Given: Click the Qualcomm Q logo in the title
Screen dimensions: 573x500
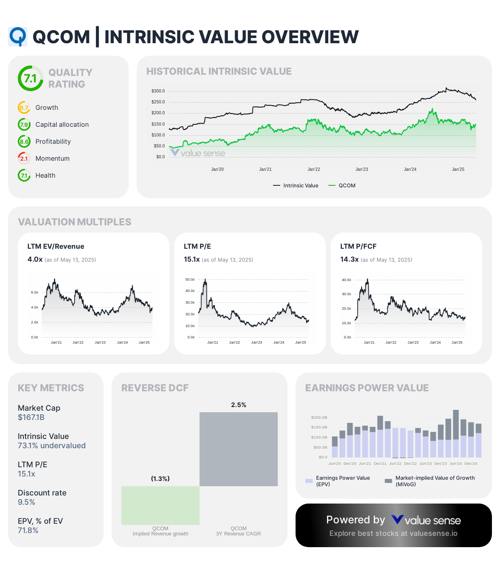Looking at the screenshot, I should [18, 37].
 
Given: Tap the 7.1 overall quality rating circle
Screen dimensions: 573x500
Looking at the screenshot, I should [30, 78].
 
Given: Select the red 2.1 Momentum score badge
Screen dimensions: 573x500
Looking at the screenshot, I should [24, 158].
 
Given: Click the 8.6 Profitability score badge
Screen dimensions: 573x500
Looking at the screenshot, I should [24, 141].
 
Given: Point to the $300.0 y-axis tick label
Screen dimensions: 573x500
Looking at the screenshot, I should [158, 91].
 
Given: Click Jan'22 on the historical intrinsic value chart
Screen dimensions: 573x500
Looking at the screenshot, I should [314, 169].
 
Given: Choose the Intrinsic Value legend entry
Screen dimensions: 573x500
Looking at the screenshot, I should [296, 185].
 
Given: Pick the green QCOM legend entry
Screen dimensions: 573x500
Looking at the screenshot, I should [342, 185].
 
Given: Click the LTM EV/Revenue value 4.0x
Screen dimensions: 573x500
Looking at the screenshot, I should [35, 259].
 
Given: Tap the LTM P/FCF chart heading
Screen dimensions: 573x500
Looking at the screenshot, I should [358, 246].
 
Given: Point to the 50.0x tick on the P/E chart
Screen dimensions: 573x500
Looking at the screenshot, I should [190, 279].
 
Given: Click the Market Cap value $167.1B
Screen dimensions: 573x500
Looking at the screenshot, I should [31, 417].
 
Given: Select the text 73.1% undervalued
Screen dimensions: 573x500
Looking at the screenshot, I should [52, 445].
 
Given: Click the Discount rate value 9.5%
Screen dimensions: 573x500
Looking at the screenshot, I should [27, 502].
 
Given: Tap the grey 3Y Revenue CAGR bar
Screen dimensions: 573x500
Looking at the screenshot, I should [238, 449].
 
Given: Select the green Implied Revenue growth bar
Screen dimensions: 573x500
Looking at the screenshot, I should [160, 505].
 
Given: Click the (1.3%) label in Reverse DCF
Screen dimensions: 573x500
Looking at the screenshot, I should [160, 479].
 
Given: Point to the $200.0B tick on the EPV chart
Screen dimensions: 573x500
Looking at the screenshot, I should [319, 417].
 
